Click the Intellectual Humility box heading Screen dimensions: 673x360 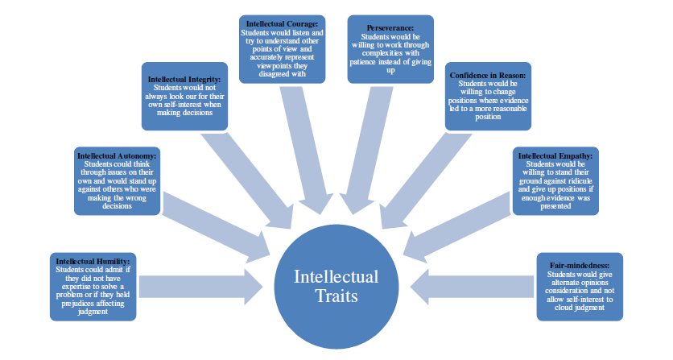tap(93, 261)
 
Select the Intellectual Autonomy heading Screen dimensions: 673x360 tap(117, 156)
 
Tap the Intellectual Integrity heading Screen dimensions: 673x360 tap(184, 80)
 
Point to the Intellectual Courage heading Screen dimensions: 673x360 tap(282, 24)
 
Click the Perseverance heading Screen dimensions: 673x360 tap(390, 28)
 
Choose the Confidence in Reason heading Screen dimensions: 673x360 tap(488, 76)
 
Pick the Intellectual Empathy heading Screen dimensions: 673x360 tap(555, 156)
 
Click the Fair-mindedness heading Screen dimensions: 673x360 tap(580, 266)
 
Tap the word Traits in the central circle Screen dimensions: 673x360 tap(336, 296)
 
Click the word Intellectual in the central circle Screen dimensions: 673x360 tap(336, 277)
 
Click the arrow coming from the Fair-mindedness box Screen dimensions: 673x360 tap(472, 287)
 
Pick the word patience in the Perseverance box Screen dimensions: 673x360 tap(364, 62)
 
